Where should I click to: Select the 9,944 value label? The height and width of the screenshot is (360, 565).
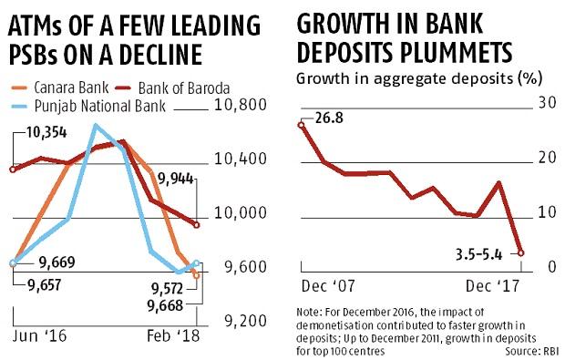177,178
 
